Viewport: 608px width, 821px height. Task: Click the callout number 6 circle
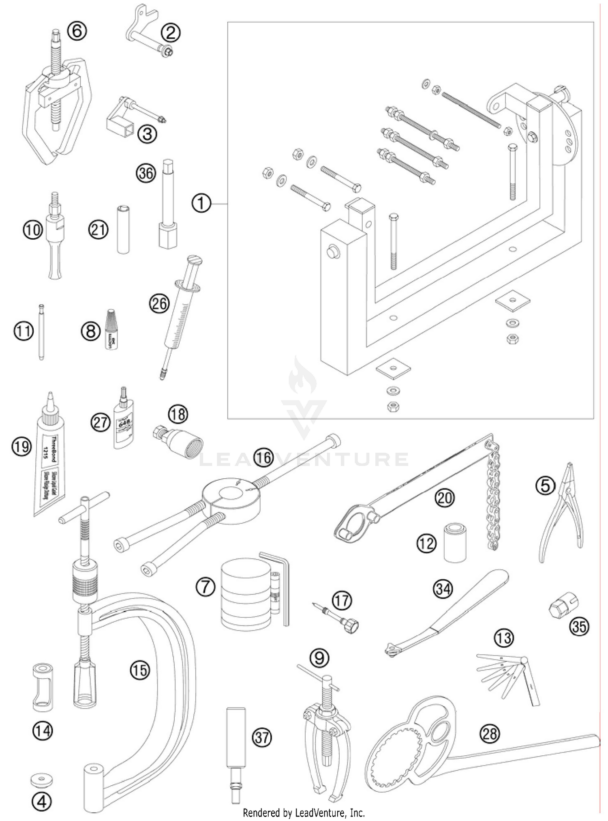(77, 31)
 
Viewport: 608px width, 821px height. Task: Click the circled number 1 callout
(201, 203)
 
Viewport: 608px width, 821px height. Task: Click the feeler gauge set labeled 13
(511, 677)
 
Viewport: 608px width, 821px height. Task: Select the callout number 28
(489, 733)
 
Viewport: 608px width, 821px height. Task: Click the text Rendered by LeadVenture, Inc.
(304, 813)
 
